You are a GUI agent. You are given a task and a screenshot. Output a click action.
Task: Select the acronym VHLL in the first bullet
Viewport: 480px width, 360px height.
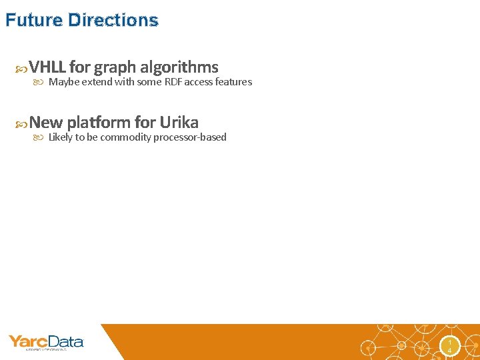(47, 67)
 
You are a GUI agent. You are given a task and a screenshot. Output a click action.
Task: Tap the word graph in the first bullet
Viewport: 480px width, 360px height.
(115, 67)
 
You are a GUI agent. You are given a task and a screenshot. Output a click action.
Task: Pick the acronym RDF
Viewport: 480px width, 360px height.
(173, 82)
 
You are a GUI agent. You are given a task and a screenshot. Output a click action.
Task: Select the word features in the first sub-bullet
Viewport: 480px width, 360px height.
(233, 82)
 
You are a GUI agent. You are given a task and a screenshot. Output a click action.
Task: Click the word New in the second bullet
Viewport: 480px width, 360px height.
(46, 123)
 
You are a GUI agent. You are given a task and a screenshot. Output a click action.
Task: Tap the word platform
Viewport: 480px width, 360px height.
(98, 123)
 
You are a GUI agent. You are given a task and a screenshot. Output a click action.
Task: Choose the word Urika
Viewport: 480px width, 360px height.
(179, 123)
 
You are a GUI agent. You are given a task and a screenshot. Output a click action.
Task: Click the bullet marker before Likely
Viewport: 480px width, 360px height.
(39, 138)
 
